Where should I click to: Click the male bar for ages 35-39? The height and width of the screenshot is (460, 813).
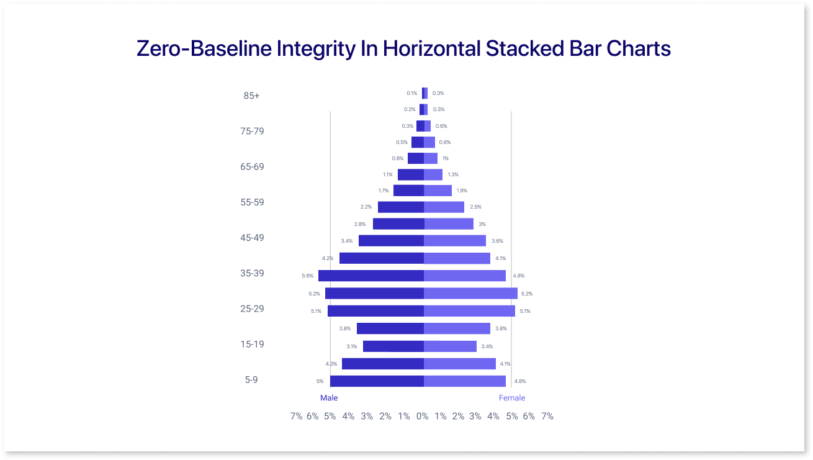point(371,276)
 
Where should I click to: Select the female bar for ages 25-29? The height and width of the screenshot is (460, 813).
point(469,311)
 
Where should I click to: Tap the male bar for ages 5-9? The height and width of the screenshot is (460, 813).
point(377,381)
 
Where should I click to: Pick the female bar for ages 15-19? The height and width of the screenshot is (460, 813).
point(450,346)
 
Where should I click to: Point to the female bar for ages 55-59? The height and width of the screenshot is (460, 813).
point(444,207)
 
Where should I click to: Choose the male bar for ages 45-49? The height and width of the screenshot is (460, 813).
point(391,240)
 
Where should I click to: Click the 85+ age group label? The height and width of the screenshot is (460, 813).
point(251,96)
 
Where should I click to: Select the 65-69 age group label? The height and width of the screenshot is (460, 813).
point(253,167)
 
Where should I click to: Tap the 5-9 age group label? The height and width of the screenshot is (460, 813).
point(251,379)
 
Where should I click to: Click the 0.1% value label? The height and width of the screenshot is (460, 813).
point(412,93)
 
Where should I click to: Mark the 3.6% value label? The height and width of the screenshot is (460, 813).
point(497,241)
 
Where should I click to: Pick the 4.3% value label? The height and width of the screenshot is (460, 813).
point(331,364)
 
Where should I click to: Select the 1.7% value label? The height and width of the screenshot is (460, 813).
point(384,191)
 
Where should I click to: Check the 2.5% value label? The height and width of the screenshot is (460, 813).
point(475,207)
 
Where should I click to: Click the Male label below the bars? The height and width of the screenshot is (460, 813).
point(329,398)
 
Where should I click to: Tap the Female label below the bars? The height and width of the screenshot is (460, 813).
point(512,398)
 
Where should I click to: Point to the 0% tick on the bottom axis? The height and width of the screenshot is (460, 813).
point(423,417)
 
